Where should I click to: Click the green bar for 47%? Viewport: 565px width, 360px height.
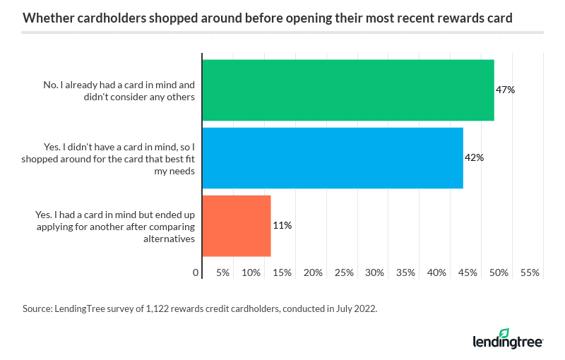click(x=347, y=90)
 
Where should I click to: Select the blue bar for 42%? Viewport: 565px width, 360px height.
click(x=332, y=158)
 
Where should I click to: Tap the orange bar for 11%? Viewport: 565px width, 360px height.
click(x=237, y=226)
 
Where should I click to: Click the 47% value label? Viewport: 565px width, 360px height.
click(x=505, y=90)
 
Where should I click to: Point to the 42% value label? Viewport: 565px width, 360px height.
click(x=474, y=158)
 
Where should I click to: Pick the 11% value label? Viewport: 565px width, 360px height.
click(x=282, y=226)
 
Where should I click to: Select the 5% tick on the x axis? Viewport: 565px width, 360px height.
click(x=223, y=272)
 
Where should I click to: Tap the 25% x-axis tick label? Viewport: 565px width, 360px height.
click(x=344, y=272)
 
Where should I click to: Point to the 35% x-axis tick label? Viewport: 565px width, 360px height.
click(x=405, y=272)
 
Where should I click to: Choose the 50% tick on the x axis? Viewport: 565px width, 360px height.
click(x=499, y=272)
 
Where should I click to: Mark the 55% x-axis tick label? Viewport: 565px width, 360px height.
click(x=530, y=272)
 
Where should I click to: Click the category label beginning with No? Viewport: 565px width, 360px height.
click(x=118, y=90)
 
